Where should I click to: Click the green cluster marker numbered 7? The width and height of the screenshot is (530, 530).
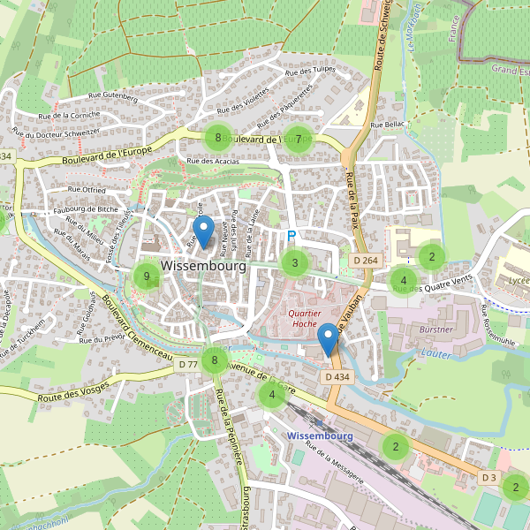[299, 139]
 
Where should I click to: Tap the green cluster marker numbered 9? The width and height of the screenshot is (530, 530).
[147, 276]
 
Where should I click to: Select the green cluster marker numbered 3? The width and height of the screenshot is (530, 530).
[295, 262]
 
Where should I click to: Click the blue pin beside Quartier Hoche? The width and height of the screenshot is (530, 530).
[329, 340]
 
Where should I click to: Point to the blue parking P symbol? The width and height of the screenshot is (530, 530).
[291, 237]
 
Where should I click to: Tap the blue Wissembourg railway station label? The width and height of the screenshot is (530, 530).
[320, 436]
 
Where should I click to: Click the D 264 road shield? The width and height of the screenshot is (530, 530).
[365, 260]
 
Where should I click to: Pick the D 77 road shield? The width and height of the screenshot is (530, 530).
[187, 364]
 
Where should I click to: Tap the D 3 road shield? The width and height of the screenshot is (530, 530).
[488, 477]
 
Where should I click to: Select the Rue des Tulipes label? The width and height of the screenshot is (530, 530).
[313, 70]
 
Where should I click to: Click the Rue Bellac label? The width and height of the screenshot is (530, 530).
[388, 125]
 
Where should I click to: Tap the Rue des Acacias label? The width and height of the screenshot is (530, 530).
[214, 162]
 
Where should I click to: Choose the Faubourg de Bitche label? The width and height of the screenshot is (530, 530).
[86, 208]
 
